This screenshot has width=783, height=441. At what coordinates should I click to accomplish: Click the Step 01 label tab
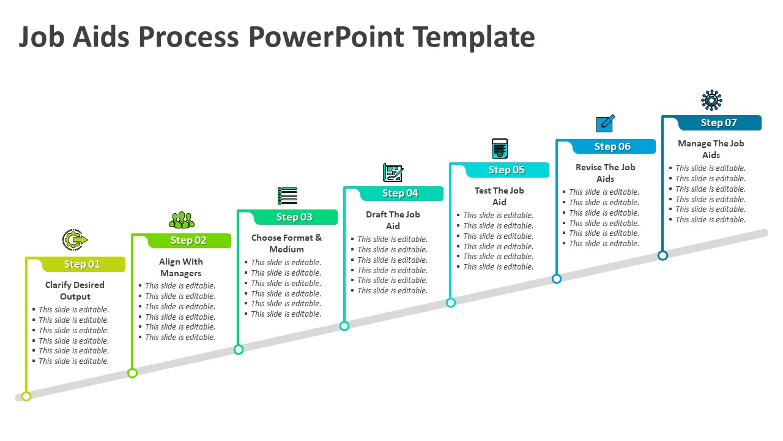coord(82,264)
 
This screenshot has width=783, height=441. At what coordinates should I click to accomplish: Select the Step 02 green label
coord(188,241)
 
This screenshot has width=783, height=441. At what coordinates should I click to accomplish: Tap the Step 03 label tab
coord(294,217)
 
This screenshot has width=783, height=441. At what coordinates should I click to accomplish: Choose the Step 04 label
coord(400,194)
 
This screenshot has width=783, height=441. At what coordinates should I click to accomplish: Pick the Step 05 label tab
coord(507,170)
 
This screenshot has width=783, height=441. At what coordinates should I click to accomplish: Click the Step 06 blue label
coord(612,146)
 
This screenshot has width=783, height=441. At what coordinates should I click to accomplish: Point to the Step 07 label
coord(719,123)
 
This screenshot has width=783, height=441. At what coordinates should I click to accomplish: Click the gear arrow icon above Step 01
coord(75,239)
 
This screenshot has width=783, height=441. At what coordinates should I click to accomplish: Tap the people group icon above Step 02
coord(181,219)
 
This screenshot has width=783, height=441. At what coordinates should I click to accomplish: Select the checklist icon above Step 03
coord(287,196)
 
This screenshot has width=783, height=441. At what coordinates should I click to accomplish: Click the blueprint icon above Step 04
coord(393,173)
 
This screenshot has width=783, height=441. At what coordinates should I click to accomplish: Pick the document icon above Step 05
coord(500,149)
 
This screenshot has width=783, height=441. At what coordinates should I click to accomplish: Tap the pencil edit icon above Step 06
coord(606,124)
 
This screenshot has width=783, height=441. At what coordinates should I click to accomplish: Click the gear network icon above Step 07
coord(711,100)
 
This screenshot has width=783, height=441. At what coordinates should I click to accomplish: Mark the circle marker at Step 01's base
coord(26,396)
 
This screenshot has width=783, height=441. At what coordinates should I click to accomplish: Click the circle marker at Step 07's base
coord(662,255)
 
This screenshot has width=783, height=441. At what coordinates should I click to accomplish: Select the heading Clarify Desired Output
coord(75,291)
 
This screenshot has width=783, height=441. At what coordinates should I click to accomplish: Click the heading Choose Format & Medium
coord(286,243)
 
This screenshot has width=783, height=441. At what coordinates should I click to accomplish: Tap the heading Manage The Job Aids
coord(711,149)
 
